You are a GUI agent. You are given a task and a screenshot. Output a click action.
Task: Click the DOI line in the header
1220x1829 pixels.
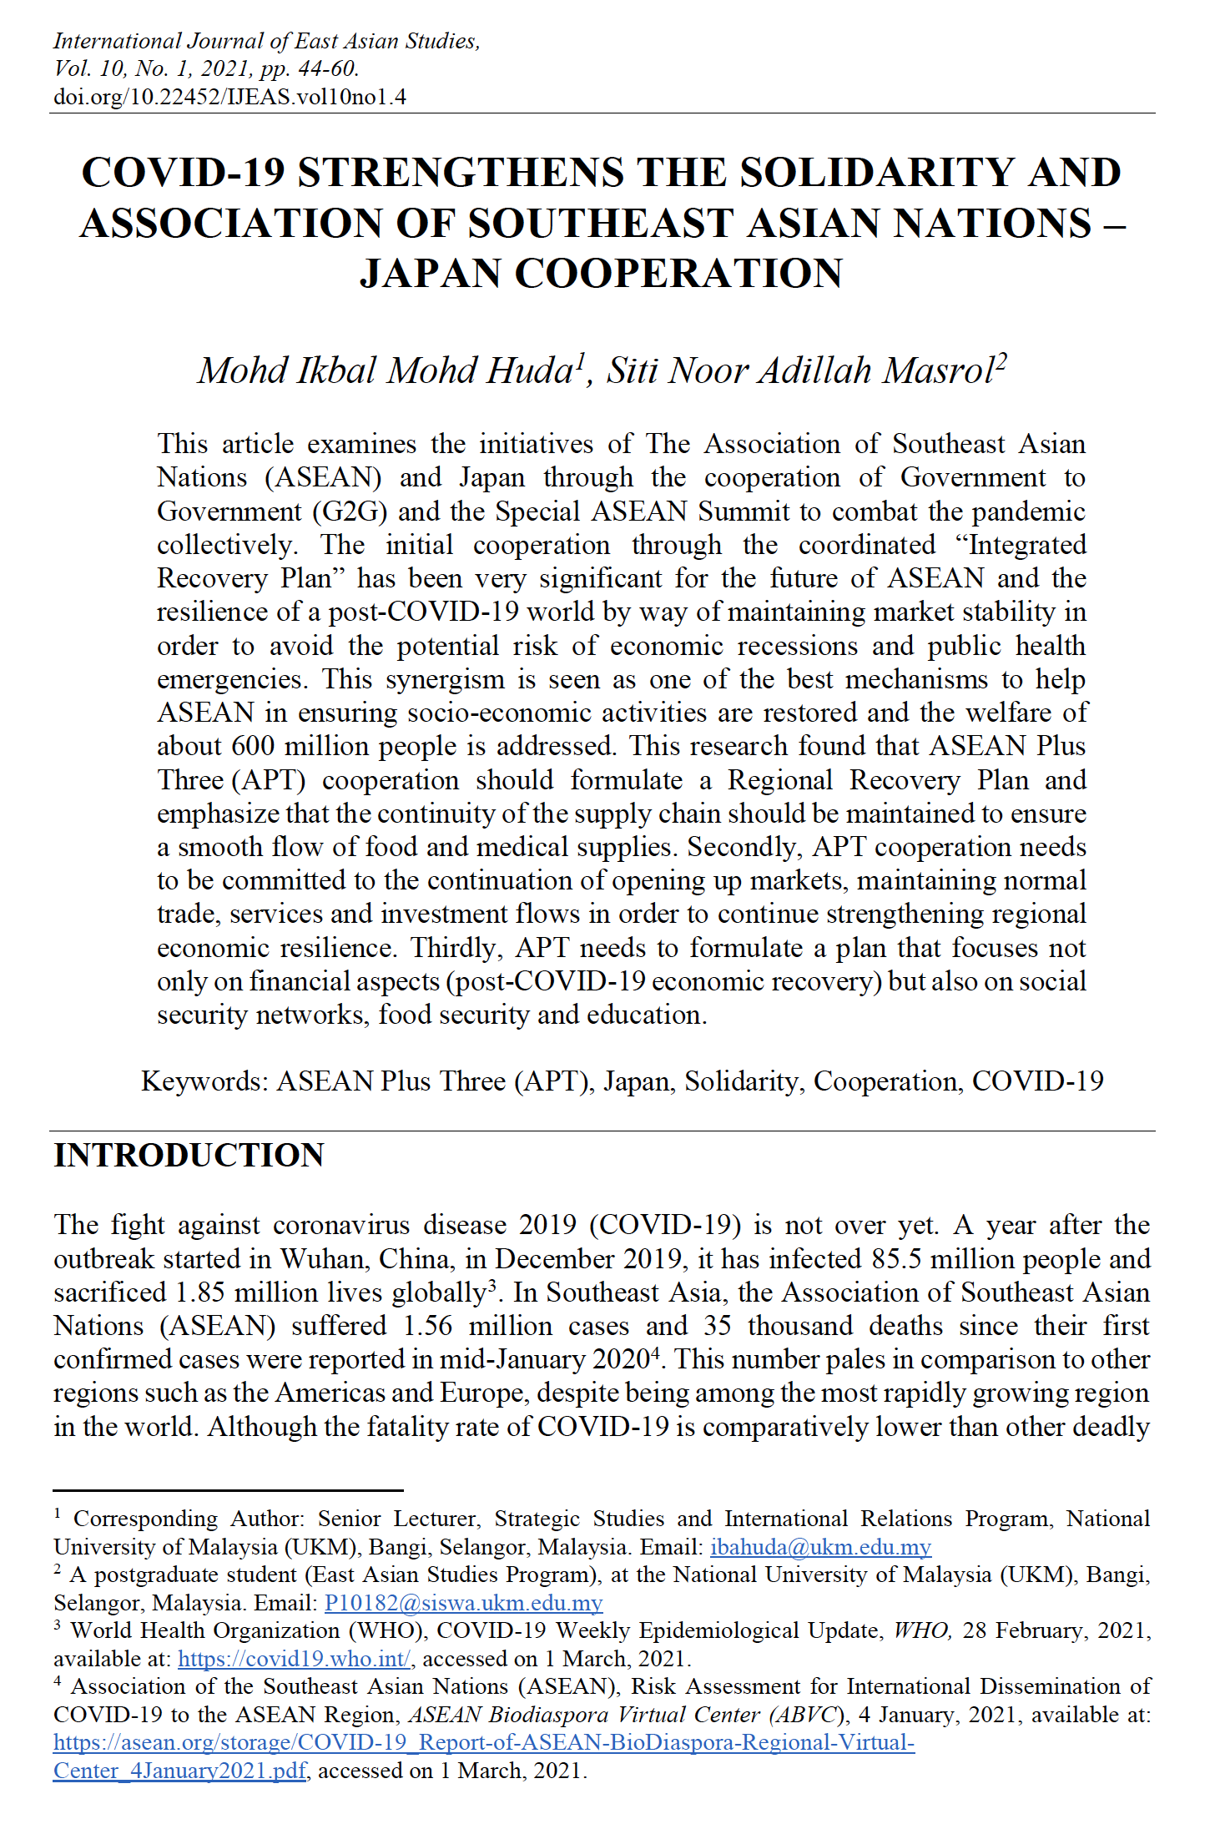[229, 97]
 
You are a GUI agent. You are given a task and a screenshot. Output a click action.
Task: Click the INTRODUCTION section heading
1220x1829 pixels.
[189, 1156]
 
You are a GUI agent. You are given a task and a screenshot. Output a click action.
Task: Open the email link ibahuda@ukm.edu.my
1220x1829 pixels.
[820, 1547]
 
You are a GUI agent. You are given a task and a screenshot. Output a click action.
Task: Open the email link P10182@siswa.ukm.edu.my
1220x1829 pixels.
[463, 1603]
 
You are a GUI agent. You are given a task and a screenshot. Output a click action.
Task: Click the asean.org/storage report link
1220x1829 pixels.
[484, 1743]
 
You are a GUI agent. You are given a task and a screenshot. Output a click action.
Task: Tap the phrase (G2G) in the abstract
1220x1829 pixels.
[350, 511]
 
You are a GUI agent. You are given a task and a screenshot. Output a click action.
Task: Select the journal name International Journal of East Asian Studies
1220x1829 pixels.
[265, 41]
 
